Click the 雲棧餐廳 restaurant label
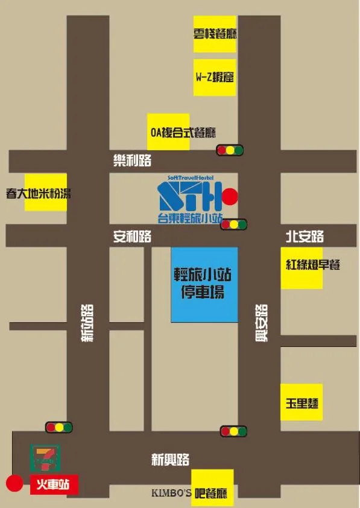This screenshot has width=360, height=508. (215, 34)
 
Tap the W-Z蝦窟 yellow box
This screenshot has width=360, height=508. (215, 77)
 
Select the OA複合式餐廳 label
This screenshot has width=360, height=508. (182, 132)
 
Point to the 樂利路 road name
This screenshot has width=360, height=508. (132, 160)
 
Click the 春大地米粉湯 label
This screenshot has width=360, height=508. (39, 193)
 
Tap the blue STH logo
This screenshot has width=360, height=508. (189, 196)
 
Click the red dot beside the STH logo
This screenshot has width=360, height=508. (230, 197)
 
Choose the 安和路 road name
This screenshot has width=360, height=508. (132, 237)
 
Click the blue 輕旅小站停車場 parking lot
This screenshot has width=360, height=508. (204, 284)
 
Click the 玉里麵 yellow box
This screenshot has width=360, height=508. (302, 402)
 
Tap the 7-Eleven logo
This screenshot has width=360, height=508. (43, 457)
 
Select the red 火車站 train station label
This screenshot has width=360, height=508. (54, 484)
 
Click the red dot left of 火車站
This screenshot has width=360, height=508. (14, 483)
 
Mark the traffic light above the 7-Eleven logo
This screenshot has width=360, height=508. (58, 428)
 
